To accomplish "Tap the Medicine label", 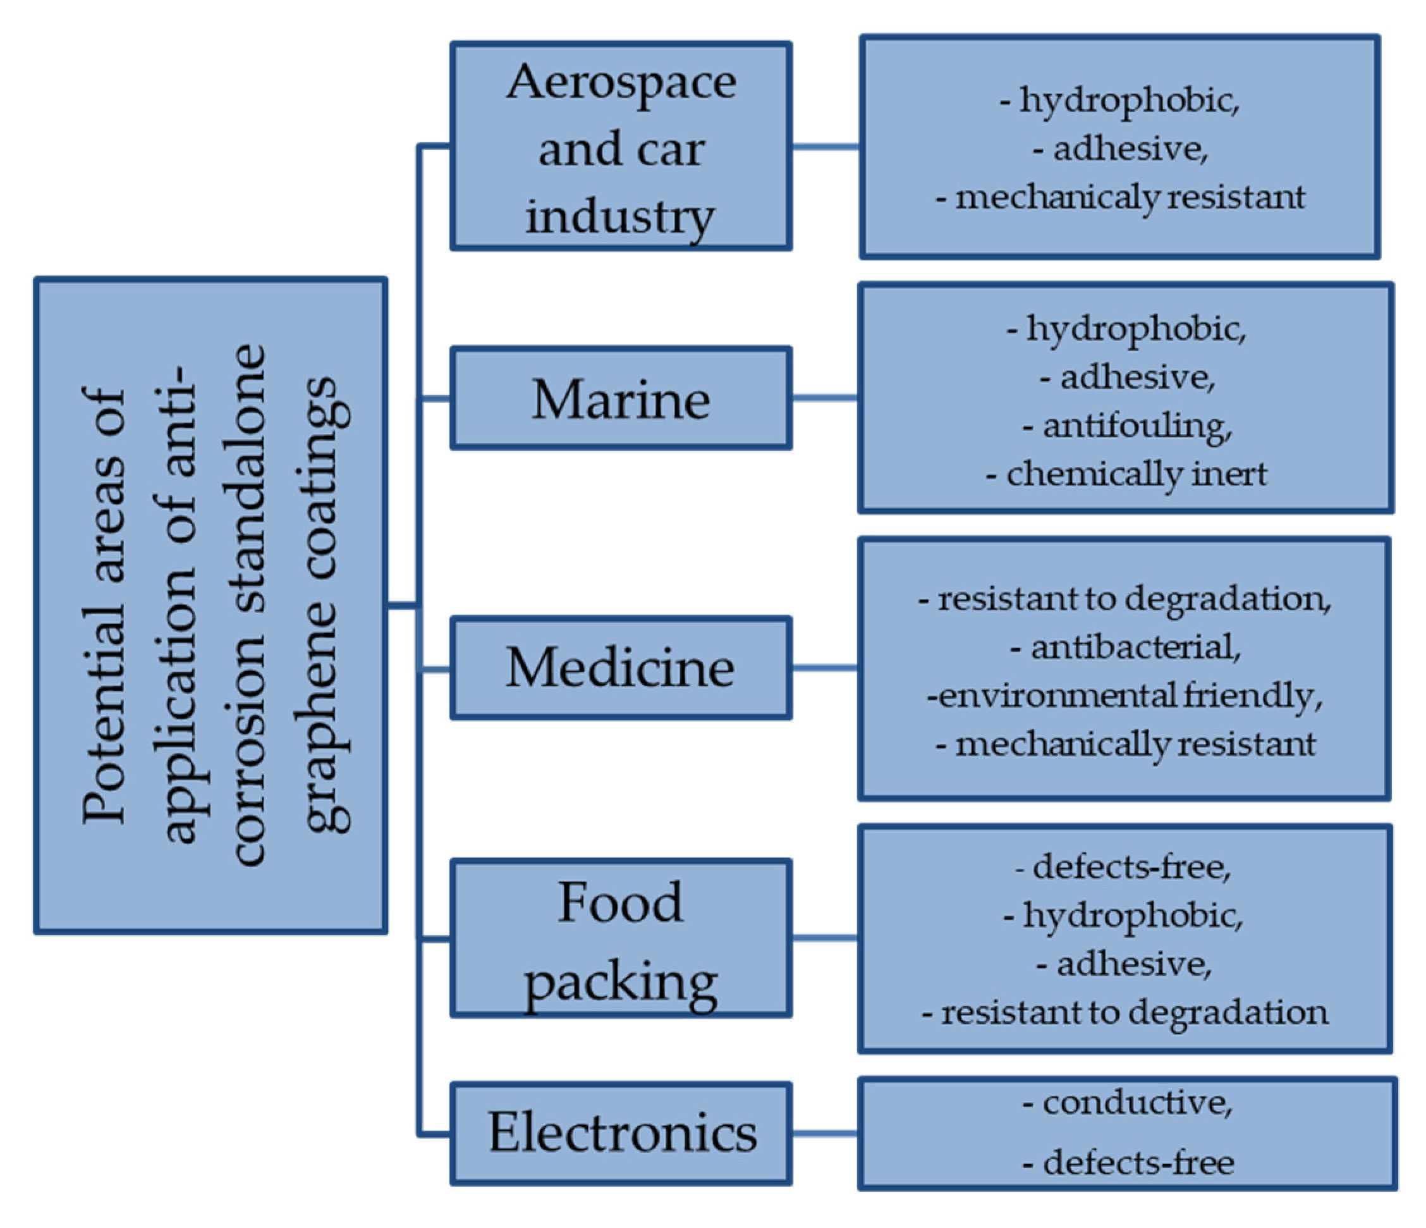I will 621,668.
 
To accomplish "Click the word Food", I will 621,902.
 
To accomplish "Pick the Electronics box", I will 621,1133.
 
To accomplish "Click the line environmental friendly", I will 1124,695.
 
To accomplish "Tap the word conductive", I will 1137,1103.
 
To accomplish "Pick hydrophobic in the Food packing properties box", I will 1133,916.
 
